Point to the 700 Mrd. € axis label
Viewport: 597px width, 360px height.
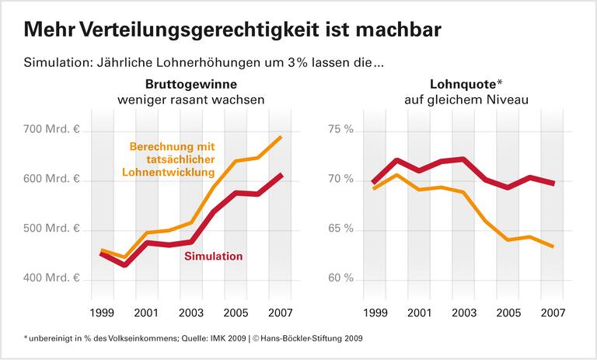pos(51,129)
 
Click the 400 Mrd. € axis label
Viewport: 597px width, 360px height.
pos(51,278)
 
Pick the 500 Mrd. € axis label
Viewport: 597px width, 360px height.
pos(51,229)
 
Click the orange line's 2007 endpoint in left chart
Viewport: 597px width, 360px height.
pos(281,138)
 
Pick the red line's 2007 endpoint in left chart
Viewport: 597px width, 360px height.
pos(281,176)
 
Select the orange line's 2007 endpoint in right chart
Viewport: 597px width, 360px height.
pos(552,246)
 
